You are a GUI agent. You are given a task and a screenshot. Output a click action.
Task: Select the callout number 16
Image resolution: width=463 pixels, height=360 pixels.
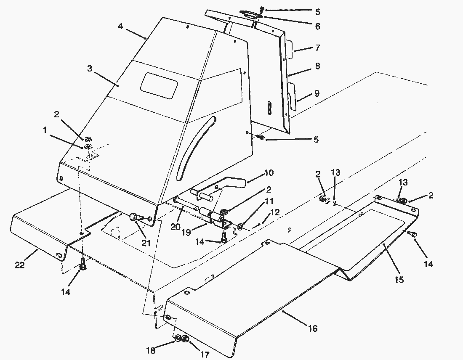313,328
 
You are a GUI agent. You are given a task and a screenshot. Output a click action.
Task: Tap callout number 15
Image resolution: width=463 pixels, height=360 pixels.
399,279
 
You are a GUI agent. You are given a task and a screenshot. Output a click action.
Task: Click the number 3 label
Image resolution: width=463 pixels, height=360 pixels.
89,68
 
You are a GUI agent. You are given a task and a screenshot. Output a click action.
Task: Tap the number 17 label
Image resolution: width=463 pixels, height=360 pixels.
205,355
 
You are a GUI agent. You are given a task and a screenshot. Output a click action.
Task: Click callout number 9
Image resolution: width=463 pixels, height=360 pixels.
317,93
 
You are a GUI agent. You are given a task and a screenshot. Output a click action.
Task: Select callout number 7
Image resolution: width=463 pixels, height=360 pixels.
317,48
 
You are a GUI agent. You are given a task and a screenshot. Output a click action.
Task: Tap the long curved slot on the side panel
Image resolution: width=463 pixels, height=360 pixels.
196,147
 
